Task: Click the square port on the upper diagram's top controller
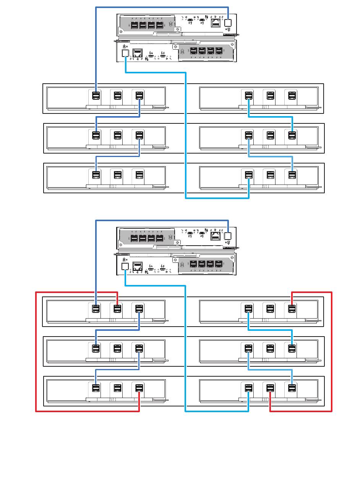[228, 22]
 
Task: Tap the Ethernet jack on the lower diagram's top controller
[215, 236]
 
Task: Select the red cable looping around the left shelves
[36, 351]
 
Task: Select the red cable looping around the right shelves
[332, 351]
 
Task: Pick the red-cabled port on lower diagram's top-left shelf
[117, 308]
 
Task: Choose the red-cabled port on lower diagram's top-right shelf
[292, 308]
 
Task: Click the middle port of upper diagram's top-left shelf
[117, 95]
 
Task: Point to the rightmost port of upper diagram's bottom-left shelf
[139, 175]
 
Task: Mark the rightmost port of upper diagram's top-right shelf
[292, 95]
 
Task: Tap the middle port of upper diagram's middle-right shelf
[271, 135]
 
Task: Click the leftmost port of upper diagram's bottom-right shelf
[249, 175]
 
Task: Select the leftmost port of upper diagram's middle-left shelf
[96, 135]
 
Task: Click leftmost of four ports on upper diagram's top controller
[135, 25]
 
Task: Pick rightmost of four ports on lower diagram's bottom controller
[219, 264]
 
